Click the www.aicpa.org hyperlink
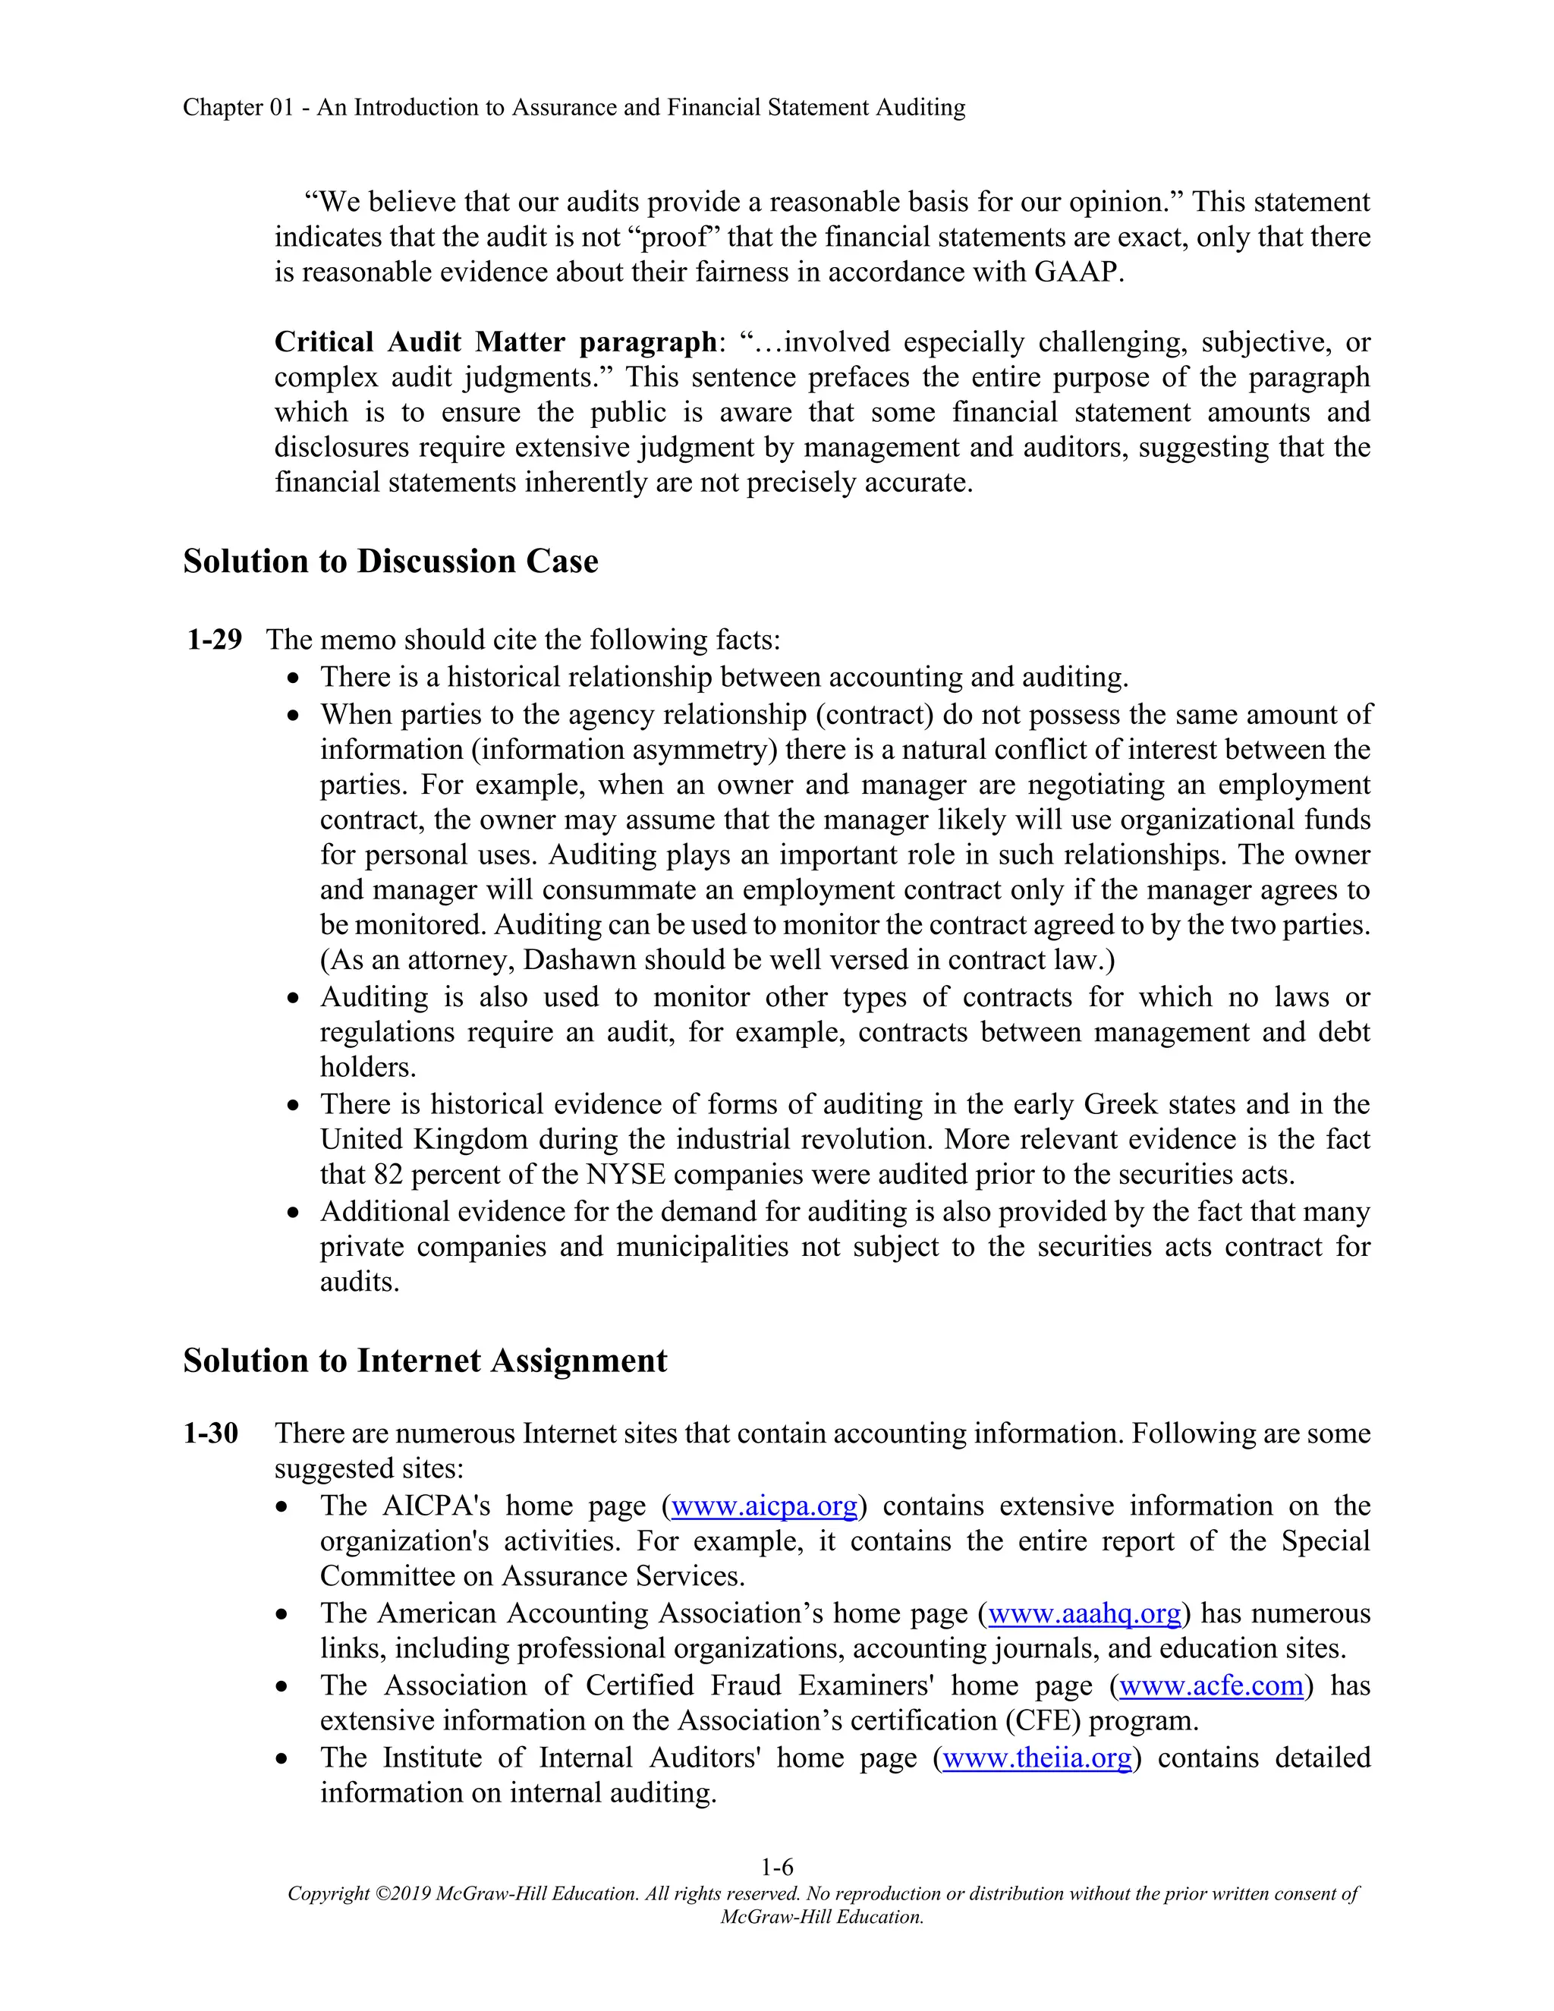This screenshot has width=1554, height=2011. pos(764,1506)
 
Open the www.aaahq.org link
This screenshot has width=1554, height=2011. pos(1084,1613)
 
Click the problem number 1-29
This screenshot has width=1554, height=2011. pos(215,639)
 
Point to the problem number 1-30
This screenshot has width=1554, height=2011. pos(211,1434)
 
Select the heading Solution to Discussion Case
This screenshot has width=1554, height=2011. pos(390,562)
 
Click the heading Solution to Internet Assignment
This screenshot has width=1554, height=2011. pos(424,1361)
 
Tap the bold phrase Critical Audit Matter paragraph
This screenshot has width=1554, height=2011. pos(495,342)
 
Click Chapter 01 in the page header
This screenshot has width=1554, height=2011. pos(238,108)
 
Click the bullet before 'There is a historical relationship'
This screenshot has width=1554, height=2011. pos(293,678)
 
